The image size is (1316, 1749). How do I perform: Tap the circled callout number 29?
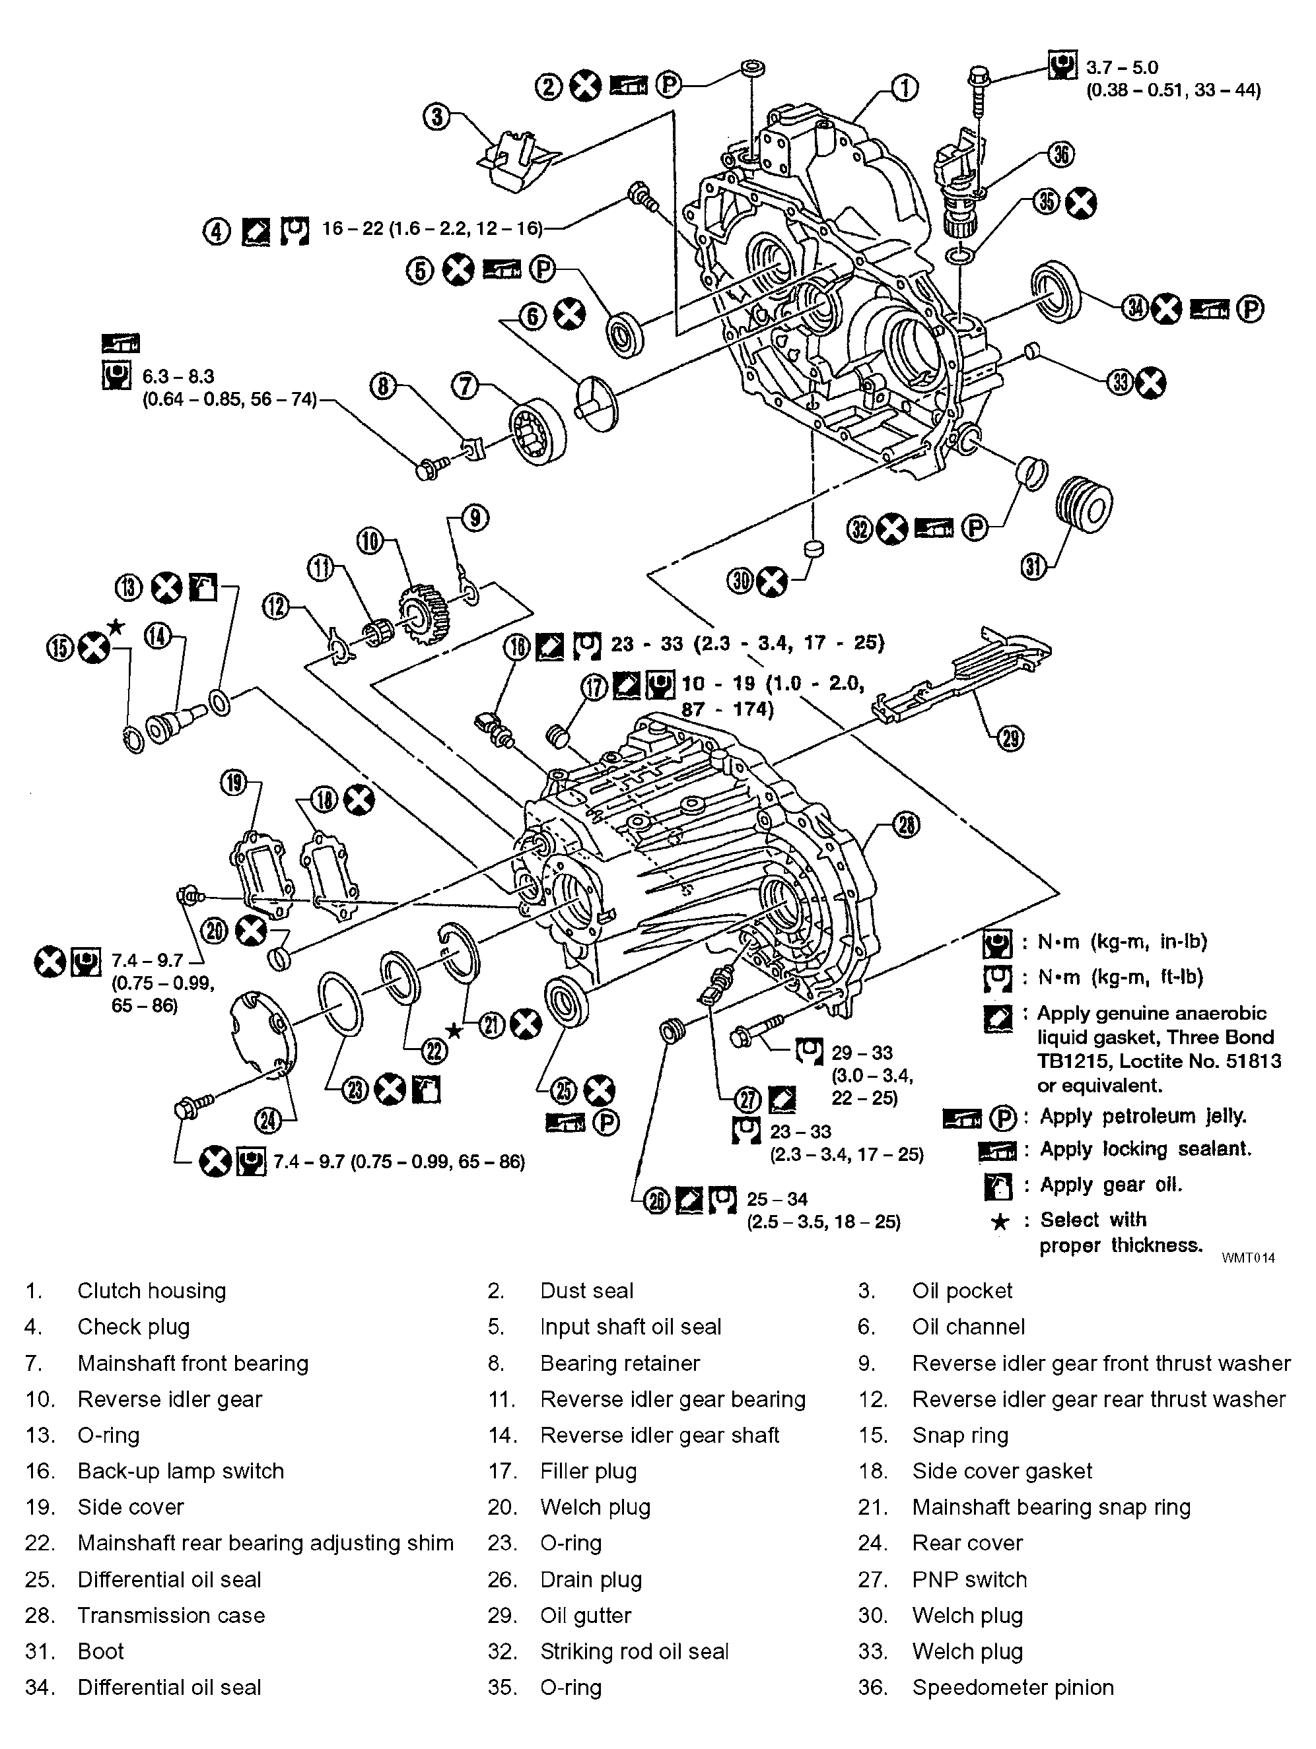click(1010, 739)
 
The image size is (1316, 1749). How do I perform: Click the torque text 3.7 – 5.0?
click(1121, 68)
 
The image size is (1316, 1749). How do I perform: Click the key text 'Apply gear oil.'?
click(1111, 1185)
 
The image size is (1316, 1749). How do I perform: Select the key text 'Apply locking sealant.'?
click(1145, 1149)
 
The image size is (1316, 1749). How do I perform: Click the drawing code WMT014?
click(1248, 1258)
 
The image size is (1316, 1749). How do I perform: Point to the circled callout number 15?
click(61, 647)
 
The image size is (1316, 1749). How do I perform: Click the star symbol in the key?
click(1000, 1222)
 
